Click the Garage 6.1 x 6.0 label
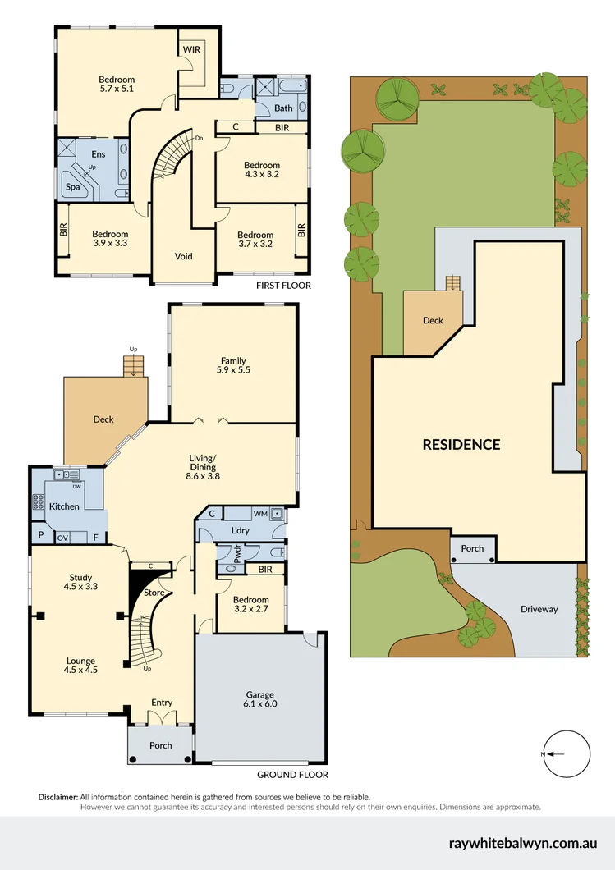[x=259, y=699]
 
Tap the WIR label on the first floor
[x=192, y=49]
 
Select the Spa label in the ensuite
[x=72, y=186]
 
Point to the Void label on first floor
[x=184, y=256]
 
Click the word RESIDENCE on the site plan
[x=461, y=444]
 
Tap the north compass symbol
[x=567, y=753]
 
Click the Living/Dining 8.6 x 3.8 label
[x=203, y=466]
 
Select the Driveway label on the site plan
[x=539, y=609]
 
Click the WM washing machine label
[x=260, y=515]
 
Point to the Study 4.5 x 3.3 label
[x=81, y=582]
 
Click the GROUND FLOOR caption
[x=292, y=774]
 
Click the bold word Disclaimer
[x=58, y=797]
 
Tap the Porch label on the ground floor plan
[x=161, y=745]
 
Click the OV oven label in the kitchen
[x=62, y=538]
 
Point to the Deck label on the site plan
[x=433, y=320]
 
